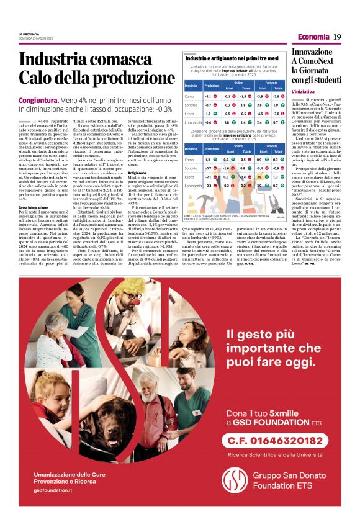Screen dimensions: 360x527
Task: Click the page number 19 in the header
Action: [x=337, y=37]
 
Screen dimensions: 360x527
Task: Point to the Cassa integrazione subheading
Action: [x=34, y=207]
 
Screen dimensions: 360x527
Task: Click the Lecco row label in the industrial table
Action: [x=190, y=114]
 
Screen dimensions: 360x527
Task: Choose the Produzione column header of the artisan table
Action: [x=211, y=148]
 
